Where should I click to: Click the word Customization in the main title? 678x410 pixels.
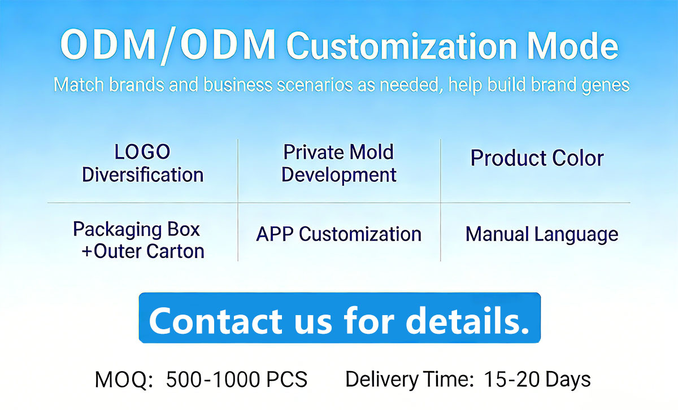pyautogui.click(x=402, y=46)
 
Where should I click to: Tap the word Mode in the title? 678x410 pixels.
pyautogui.click(x=573, y=46)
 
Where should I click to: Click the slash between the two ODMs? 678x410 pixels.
pyautogui.click(x=167, y=46)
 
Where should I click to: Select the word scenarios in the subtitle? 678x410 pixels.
pyautogui.click(x=315, y=85)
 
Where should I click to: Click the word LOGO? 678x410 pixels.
pyautogui.click(x=142, y=152)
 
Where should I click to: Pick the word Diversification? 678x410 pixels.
pyautogui.click(x=143, y=175)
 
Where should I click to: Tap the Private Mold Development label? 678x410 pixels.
pyautogui.click(x=338, y=163)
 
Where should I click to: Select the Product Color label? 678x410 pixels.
pyautogui.click(x=537, y=158)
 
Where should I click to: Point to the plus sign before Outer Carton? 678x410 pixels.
pyautogui.click(x=87, y=251)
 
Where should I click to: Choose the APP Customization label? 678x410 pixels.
pyautogui.click(x=338, y=234)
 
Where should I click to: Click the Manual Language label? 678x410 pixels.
pyautogui.click(x=542, y=234)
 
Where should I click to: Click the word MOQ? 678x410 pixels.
pyautogui.click(x=124, y=380)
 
